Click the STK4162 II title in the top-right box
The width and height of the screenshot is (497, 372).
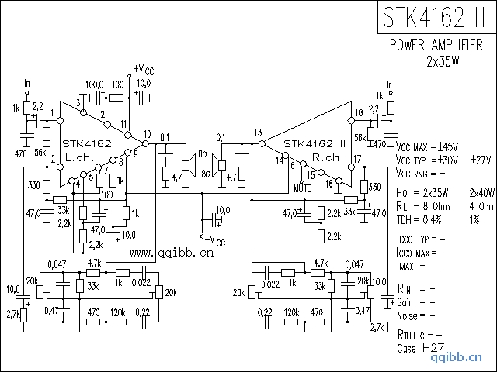(436, 17)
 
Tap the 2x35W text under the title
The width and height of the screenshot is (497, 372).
(443, 61)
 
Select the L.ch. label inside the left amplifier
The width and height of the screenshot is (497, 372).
(79, 156)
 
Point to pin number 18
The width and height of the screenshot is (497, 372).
(358, 114)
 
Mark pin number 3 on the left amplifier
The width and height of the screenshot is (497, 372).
(78, 102)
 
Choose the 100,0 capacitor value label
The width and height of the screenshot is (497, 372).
(94, 84)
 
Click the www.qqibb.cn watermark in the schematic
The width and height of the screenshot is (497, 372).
(172, 252)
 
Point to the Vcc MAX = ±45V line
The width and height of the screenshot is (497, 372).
(427, 146)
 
